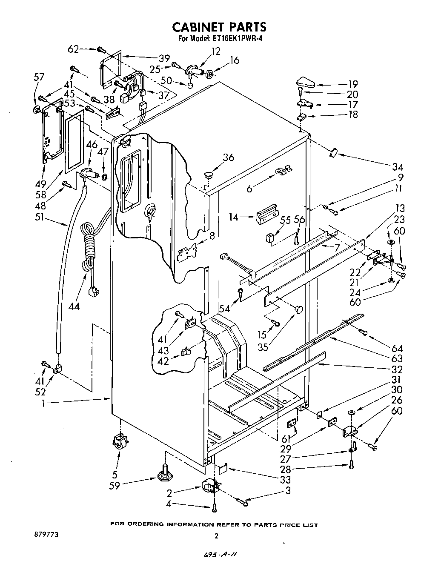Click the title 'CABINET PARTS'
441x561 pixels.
tap(219, 27)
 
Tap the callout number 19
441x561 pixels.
tap(352, 84)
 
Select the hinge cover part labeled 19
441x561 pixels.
tap(305, 80)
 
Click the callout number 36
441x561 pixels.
tap(228, 157)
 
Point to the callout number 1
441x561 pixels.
tap(44, 403)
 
